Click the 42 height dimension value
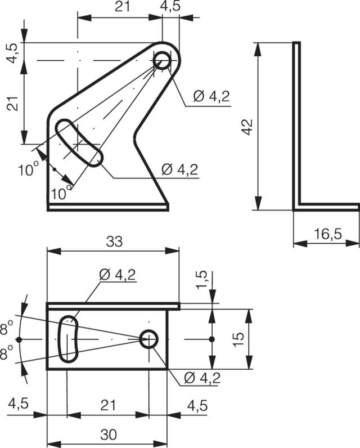pyautogui.click(x=247, y=127)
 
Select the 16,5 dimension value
pyautogui.click(x=328, y=234)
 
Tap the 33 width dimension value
pyautogui.click(x=115, y=241)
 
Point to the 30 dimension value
pyautogui.click(x=109, y=435)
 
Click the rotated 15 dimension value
pyautogui.click(x=238, y=339)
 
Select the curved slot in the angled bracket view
pyautogui.click(x=79, y=143)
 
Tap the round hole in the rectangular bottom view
pyautogui.click(x=149, y=339)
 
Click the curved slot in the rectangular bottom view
pyautogui.click(x=68, y=339)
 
